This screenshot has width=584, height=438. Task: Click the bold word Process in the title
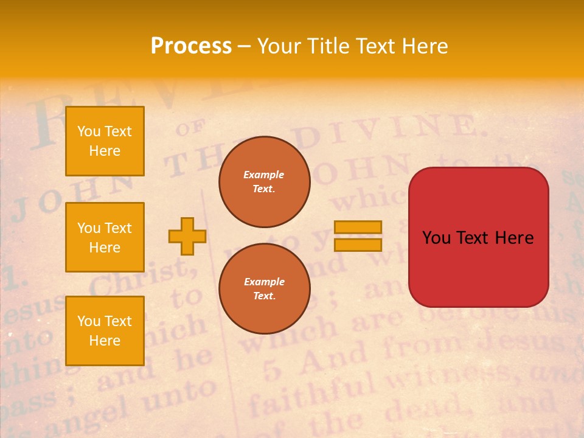(x=191, y=46)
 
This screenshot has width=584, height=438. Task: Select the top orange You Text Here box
(x=105, y=141)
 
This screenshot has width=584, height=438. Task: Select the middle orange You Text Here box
(x=105, y=237)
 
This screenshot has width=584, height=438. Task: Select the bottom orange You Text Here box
(x=105, y=330)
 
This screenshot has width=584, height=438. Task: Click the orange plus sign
(x=187, y=236)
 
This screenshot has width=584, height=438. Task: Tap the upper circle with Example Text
(x=264, y=182)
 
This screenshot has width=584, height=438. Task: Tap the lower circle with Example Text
(x=264, y=288)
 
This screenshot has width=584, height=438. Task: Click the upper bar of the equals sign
(x=358, y=228)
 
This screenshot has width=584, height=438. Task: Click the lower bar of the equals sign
(x=358, y=245)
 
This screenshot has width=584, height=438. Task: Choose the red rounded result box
(x=478, y=237)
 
